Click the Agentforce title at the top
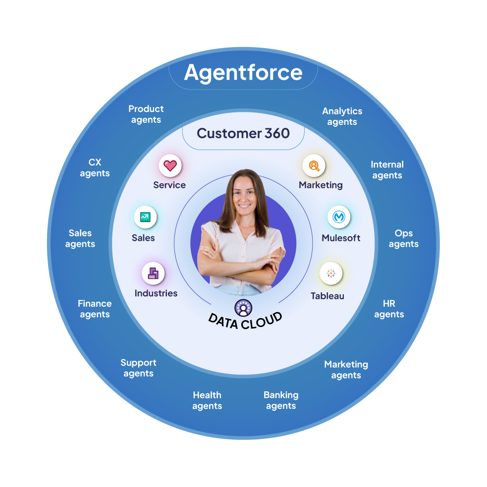tap(243, 72)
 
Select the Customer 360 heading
tap(243, 133)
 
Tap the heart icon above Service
tap(170, 165)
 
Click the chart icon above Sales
tap(145, 216)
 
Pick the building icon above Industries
tap(153, 272)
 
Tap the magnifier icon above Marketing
tap(314, 165)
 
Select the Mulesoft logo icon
tap(339, 216)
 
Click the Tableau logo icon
tap(331, 273)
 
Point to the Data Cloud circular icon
tap(243, 308)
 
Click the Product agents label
tap(146, 114)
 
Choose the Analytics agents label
tap(342, 116)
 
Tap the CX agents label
tap(95, 168)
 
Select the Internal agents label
tap(387, 170)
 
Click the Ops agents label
tap(404, 238)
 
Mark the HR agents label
tap(389, 309)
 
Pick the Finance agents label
tap(95, 309)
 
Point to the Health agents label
tap(207, 400)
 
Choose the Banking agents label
tap(281, 400)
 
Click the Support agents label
tap(138, 368)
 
